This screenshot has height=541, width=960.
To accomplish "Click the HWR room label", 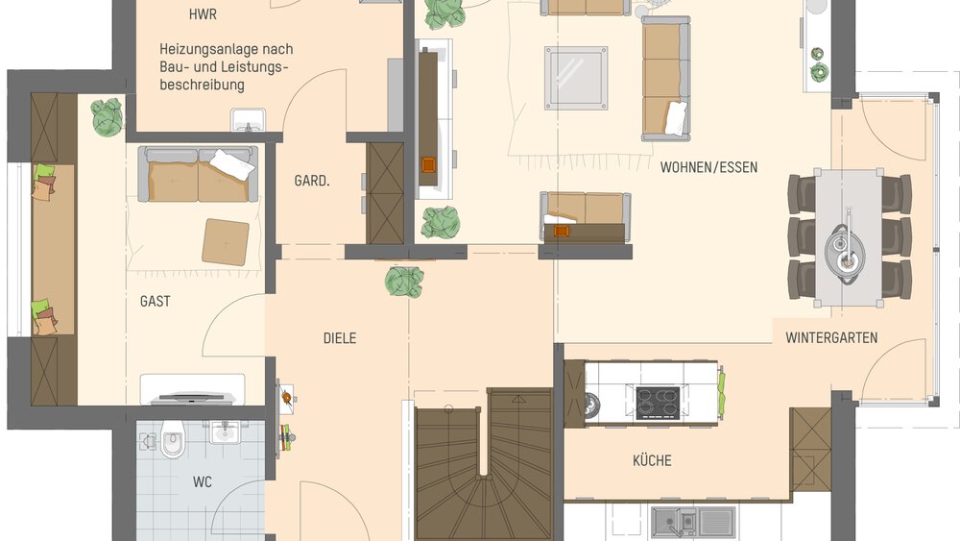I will pyautogui.click(x=204, y=14).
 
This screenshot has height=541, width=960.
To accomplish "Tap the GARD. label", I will pyautogui.click(x=312, y=180).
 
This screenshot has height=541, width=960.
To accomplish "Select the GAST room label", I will pyautogui.click(x=155, y=301).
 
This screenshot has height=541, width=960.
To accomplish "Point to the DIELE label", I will pyautogui.click(x=339, y=338).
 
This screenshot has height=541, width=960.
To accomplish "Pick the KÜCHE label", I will pyautogui.click(x=652, y=460).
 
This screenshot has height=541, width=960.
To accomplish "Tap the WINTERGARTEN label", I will pyautogui.click(x=831, y=337).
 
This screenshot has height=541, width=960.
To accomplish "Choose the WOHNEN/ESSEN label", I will pyautogui.click(x=708, y=167).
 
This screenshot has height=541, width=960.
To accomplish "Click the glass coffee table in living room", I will pyautogui.click(x=576, y=78).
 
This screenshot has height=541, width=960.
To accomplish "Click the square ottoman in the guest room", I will pyautogui.click(x=226, y=240).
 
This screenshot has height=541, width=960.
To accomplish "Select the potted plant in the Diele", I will pyautogui.click(x=404, y=282).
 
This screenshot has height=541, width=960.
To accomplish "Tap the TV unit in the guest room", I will pyautogui.click(x=192, y=390).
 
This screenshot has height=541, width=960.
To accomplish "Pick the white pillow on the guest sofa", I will pyautogui.click(x=231, y=163).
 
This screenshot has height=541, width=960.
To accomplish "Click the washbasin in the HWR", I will pyautogui.click(x=249, y=120).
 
